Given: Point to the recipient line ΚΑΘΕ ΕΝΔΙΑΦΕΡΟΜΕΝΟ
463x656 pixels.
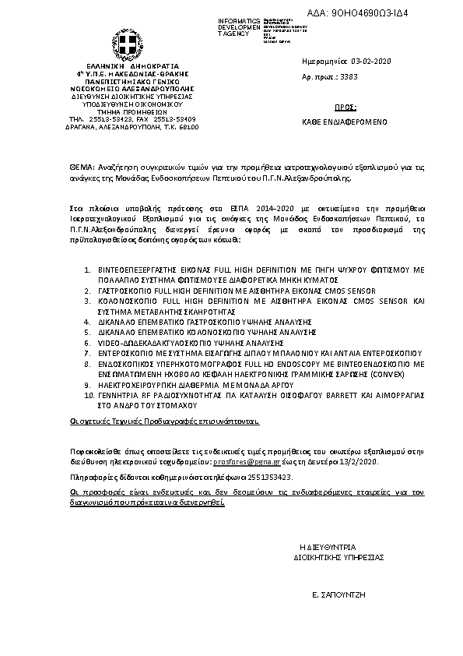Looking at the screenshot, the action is [345, 123].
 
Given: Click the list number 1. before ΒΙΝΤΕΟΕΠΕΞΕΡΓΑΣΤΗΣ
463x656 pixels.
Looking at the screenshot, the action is [86, 269].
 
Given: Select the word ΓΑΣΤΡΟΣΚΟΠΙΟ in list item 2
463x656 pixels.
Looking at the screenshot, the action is [125, 289].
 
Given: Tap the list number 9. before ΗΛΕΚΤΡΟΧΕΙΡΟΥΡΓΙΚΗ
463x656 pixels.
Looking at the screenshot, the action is [86, 384].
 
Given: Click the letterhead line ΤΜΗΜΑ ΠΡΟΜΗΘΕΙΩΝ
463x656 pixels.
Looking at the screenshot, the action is [122, 111].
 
